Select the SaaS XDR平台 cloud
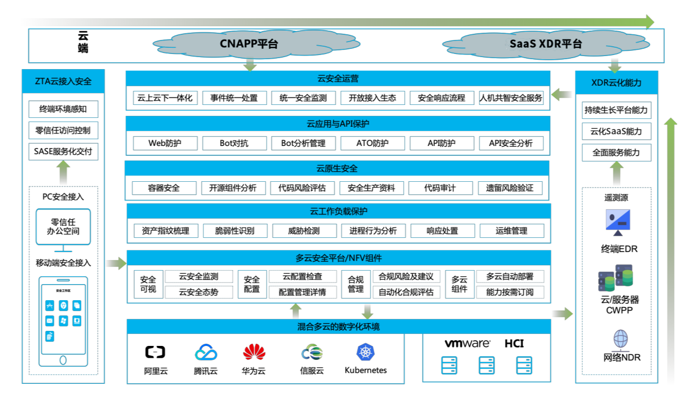pyautogui.click(x=545, y=44)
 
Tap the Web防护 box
pyautogui.click(x=165, y=143)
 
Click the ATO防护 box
pyautogui.click(x=372, y=143)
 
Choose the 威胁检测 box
pyautogui.click(x=304, y=231)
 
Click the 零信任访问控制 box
pyautogui.click(x=63, y=130)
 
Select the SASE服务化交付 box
pyautogui.click(x=63, y=152)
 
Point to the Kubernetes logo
pyautogui.click(x=365, y=352)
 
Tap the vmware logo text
pyautogui.click(x=467, y=344)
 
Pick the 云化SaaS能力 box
pyautogui.click(x=616, y=131)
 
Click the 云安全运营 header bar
pyautogui.click(x=338, y=79)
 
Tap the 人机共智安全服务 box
pyautogui.click(x=511, y=98)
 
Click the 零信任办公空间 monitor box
pyautogui.click(x=63, y=227)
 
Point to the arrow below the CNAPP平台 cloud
pyautogui.click(x=250, y=65)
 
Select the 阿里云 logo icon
pyautogui.click(x=155, y=353)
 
